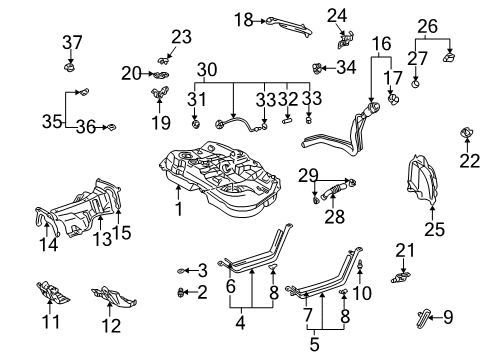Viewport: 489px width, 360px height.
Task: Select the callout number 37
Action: coord(71,42)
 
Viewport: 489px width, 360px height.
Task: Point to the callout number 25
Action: coord(433,230)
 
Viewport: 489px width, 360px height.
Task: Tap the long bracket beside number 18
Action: coord(291,21)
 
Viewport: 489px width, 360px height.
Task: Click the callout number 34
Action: coord(345,68)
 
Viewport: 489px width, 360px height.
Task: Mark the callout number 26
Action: coord(428,25)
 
